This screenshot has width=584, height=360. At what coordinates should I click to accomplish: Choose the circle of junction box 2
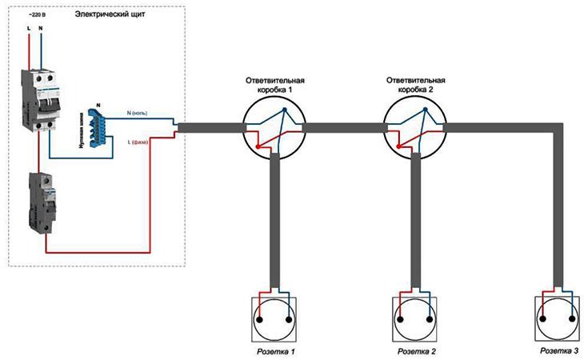click(414, 127)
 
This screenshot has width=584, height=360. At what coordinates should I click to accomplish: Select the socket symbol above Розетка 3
click(554, 317)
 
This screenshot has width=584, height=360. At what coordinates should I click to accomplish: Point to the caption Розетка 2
click(416, 351)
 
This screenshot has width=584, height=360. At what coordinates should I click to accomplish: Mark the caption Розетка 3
click(555, 350)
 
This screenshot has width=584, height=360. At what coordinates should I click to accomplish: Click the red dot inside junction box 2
click(398, 147)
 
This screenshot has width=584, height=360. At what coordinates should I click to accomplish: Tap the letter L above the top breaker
click(30, 29)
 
